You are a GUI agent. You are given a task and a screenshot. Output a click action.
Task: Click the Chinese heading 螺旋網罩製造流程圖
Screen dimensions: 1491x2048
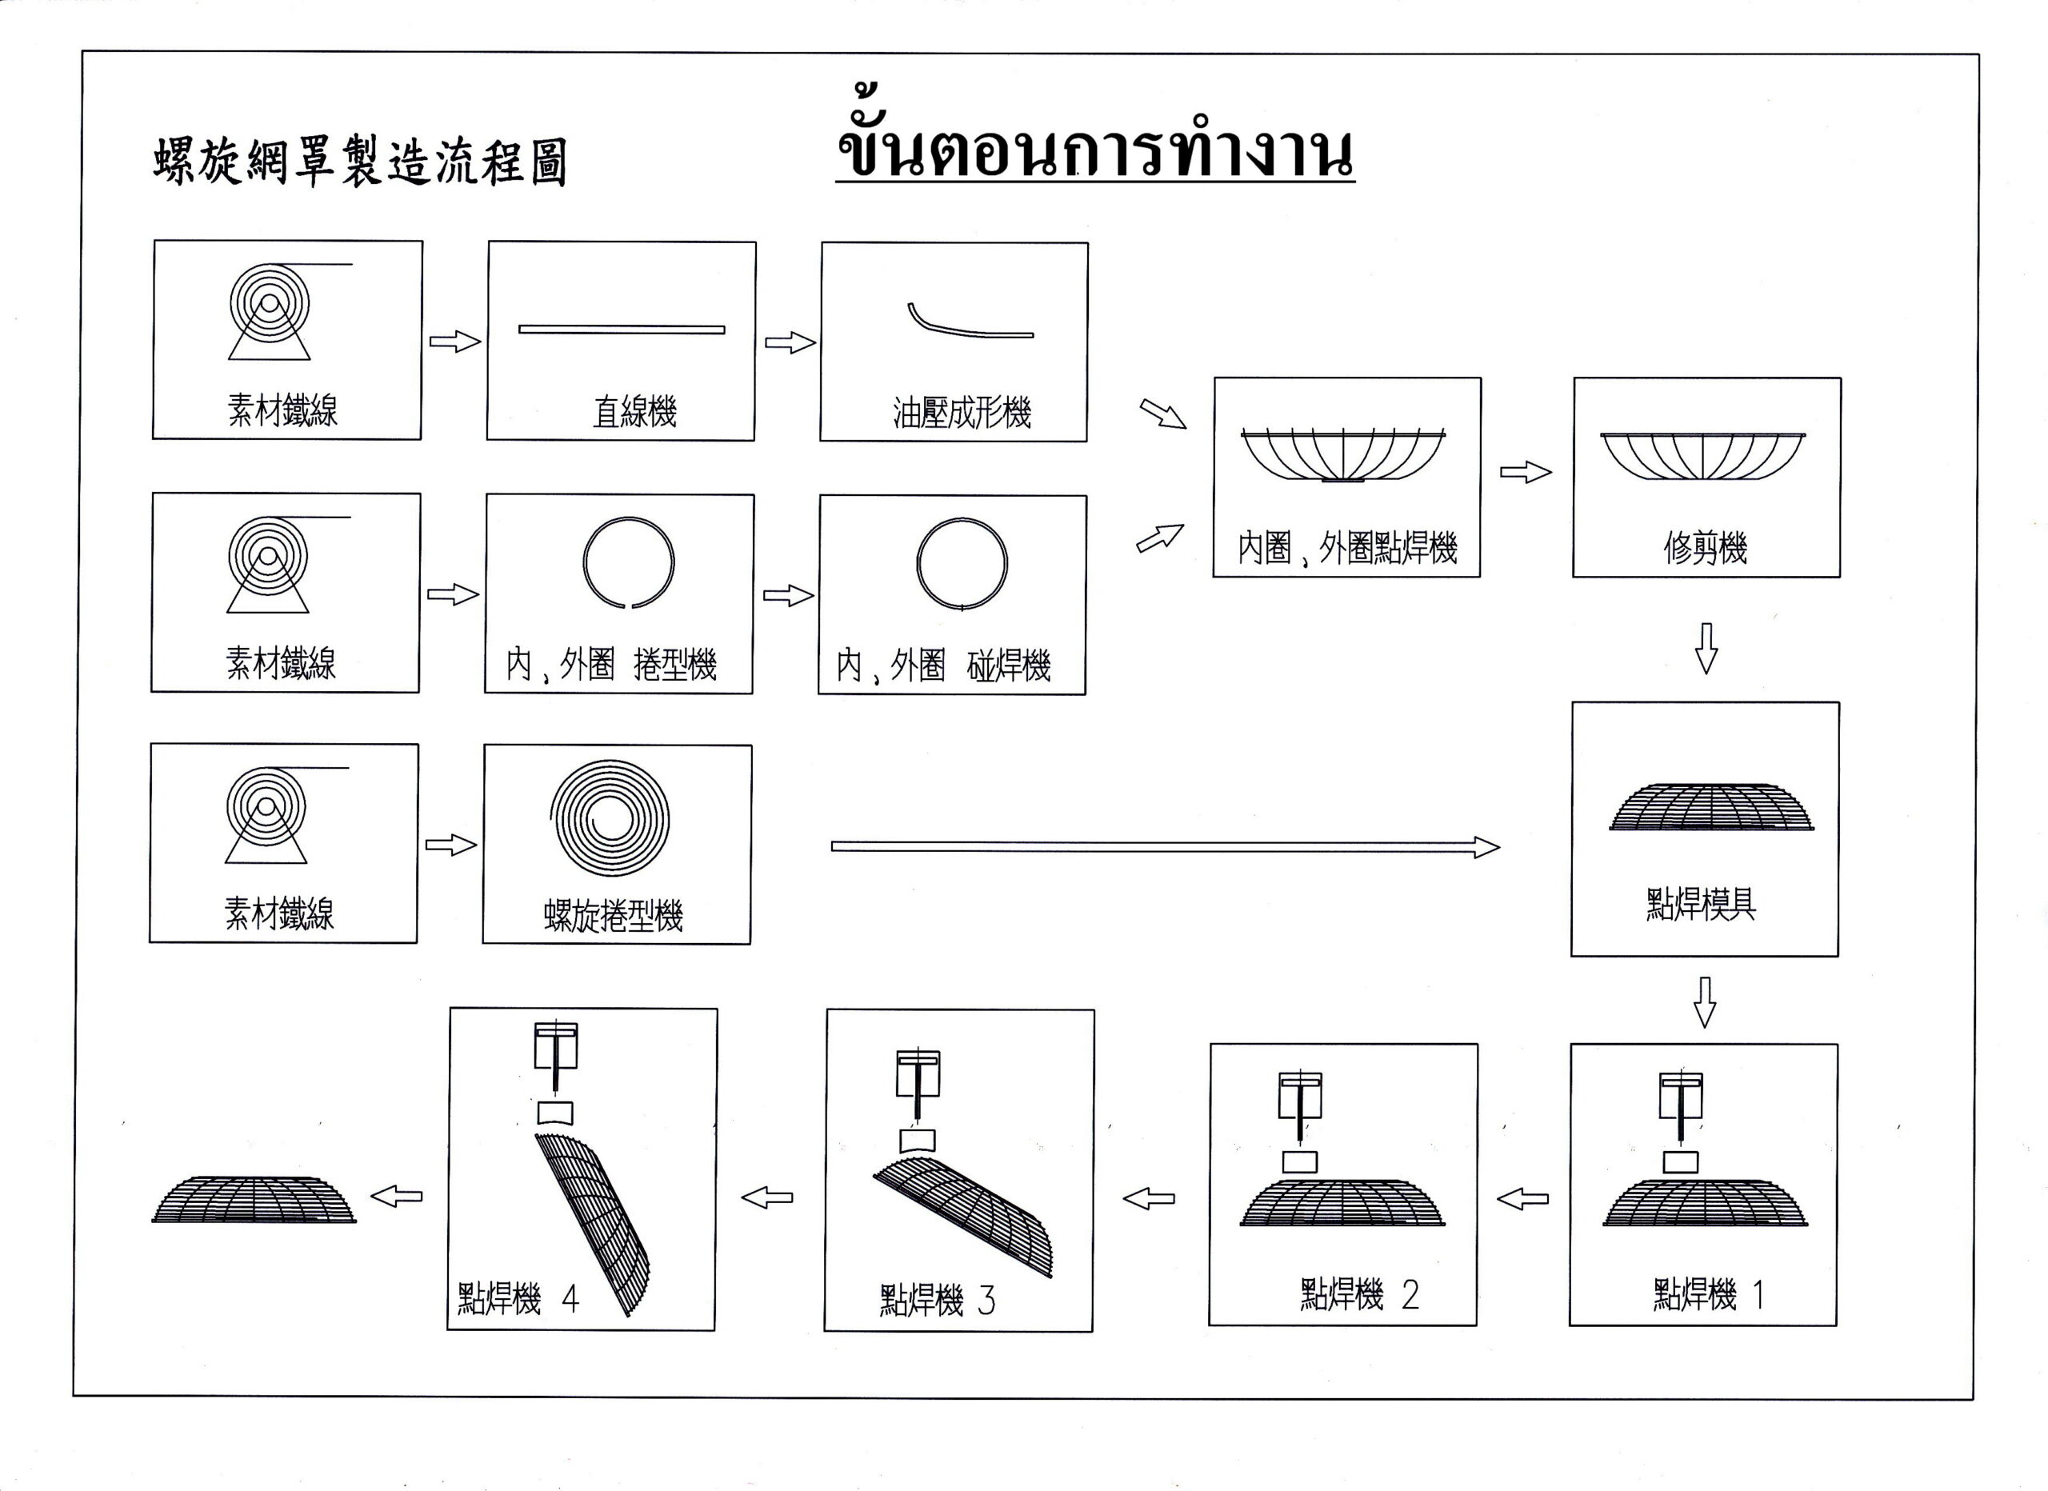[359, 162]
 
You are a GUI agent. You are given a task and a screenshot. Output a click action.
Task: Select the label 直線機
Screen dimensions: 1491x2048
[635, 412]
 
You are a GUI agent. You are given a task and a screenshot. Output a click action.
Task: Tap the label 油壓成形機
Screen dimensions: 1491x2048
[962, 413]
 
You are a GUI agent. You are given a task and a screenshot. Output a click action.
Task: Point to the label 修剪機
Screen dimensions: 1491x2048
[1706, 547]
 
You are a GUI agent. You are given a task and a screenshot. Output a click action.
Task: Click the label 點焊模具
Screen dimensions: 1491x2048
[1700, 904]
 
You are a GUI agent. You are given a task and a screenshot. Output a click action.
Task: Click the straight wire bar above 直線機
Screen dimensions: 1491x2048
[622, 330]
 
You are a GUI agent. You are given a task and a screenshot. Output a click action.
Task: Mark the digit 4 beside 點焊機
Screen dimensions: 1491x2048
[570, 1300]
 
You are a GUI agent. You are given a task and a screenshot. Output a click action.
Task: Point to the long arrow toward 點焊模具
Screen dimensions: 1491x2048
[1164, 846]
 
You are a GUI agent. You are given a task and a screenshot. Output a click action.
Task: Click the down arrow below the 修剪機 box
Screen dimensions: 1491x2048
[1706, 649]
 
